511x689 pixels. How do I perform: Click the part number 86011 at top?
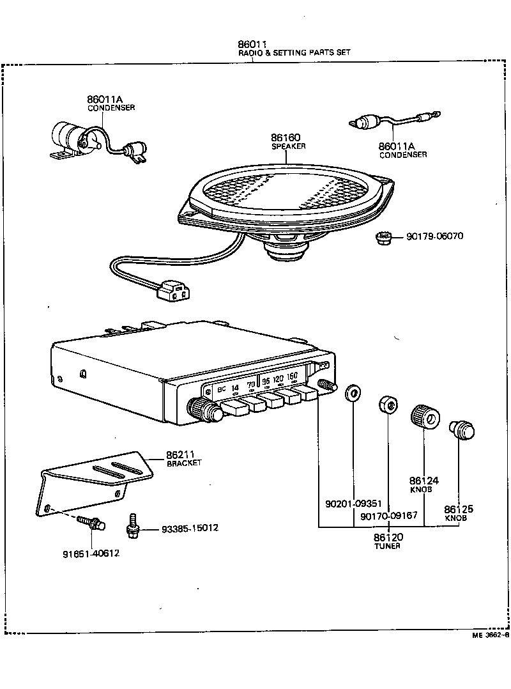click(252, 44)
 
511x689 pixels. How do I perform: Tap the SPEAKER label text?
click(289, 146)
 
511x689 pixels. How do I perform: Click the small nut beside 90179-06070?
click(383, 239)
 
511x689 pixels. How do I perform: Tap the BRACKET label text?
click(184, 463)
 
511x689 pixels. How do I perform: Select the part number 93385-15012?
click(190, 529)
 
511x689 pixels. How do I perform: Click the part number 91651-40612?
click(91, 554)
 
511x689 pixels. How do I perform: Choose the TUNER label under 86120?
click(387, 546)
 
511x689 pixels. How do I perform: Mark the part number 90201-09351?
click(353, 504)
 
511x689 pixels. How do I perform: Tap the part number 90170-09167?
click(388, 516)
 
